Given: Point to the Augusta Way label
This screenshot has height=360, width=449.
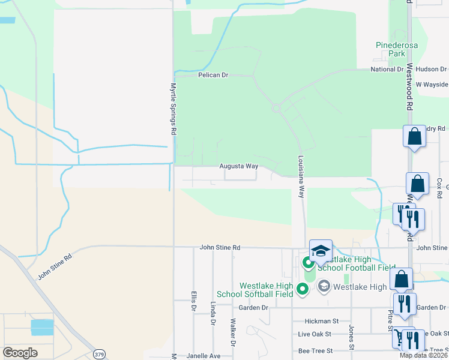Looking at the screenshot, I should (x=239, y=166).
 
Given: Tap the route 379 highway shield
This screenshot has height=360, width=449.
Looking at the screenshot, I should (x=100, y=355).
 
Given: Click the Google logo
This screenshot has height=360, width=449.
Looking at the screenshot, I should (x=20, y=353).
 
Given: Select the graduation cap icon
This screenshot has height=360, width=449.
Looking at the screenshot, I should (x=321, y=251).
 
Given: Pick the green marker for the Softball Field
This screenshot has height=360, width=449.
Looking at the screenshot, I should (x=303, y=290).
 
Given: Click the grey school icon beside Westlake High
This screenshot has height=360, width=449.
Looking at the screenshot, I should (x=324, y=286).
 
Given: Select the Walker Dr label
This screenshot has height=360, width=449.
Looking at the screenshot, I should (x=232, y=328).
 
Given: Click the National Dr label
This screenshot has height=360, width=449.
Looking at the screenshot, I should (x=387, y=69).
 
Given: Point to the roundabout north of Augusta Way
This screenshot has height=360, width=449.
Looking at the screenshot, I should (x=277, y=109).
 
